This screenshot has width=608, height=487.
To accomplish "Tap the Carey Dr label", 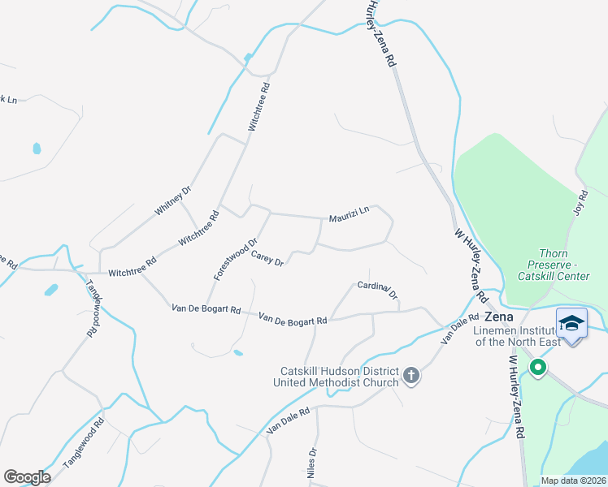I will click(x=267, y=259).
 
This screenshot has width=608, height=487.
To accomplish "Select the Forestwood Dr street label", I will click(x=236, y=259).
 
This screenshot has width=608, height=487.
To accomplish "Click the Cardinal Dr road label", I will click(x=377, y=291).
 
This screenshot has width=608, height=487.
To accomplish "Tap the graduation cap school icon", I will click(x=571, y=324).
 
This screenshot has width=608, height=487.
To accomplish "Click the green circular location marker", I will click(x=537, y=368).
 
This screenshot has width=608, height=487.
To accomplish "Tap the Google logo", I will click(x=27, y=476).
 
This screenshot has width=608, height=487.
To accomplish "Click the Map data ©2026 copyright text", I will click(x=573, y=481).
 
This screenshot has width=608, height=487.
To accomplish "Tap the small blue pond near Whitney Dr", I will click(x=36, y=149).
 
